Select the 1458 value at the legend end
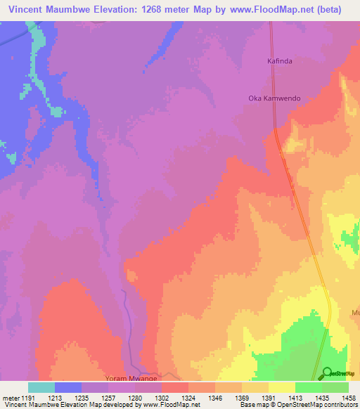pos(349,397)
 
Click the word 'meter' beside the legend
pos(11,397)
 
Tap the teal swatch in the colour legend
pos(41,387)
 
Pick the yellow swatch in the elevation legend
pos(282,387)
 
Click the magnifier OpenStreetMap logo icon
pos(327,374)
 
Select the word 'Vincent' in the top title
pos(27,10)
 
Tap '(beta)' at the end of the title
pos(328,10)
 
